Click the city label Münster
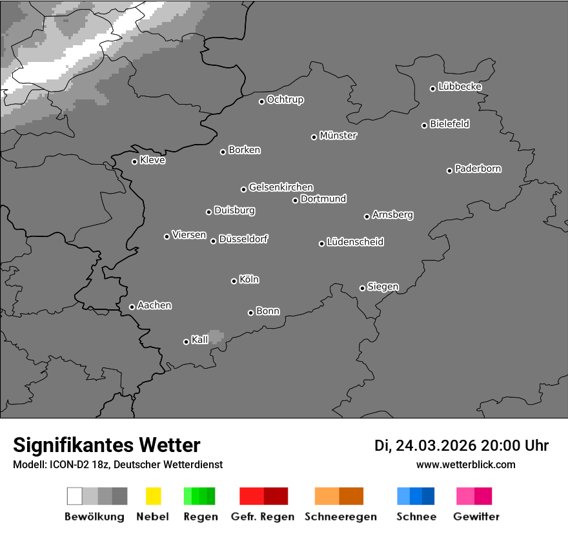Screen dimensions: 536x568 (338, 136)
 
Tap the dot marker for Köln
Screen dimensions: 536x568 (234, 281)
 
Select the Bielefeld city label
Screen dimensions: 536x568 (450, 124)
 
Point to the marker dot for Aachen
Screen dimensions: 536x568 (132, 307)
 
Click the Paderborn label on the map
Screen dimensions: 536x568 (478, 169)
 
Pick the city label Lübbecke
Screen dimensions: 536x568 (460, 87)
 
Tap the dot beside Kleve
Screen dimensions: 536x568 (134, 161)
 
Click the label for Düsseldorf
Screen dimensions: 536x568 (243, 239)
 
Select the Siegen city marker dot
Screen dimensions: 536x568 (362, 288)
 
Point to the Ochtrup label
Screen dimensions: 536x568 (285, 100)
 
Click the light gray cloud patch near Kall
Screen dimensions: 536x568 (216, 336)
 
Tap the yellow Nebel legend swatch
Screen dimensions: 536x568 (153, 496)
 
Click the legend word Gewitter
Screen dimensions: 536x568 (476, 517)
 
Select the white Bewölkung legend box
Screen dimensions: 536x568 (74, 496)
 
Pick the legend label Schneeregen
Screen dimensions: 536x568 (341, 517)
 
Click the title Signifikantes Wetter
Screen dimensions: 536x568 (107, 446)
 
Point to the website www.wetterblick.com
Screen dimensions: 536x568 (466, 464)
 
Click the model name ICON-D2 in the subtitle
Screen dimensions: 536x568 (68, 464)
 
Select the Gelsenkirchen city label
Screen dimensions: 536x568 (281, 187)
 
